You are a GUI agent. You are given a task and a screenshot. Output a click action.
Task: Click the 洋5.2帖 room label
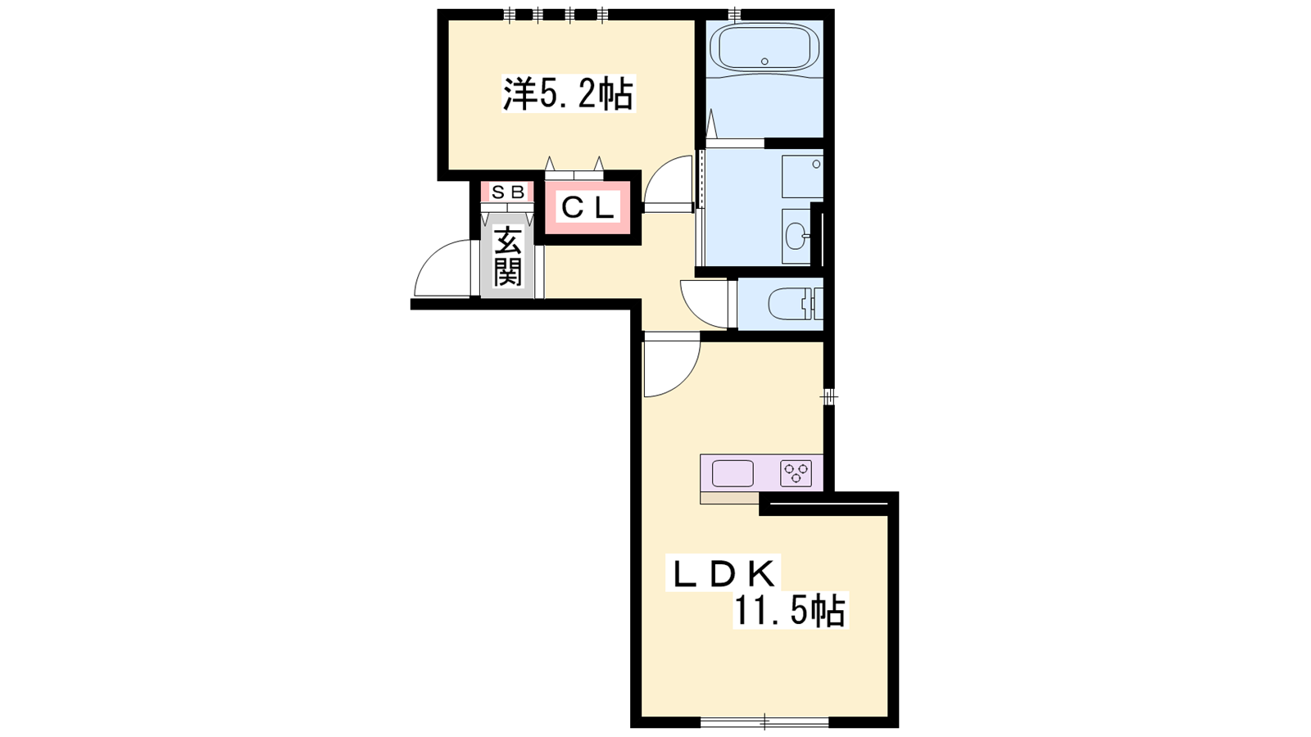569,94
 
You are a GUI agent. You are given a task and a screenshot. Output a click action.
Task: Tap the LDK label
724,575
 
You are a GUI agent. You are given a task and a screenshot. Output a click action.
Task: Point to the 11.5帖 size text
790,612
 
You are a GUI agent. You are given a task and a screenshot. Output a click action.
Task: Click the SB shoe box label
507,192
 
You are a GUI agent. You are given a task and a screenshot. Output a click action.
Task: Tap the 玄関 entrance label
507,257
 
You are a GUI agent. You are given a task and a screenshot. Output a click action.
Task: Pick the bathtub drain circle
764,61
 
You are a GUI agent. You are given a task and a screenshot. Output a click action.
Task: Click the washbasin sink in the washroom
796,237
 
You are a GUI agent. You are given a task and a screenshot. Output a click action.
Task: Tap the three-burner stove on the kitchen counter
796,473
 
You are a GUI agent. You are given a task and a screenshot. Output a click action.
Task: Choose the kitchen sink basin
733,473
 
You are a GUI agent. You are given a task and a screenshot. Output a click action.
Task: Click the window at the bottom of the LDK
764,722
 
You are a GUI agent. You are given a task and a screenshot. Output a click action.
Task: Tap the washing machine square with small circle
802,177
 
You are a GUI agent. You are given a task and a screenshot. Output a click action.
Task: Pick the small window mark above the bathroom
735,14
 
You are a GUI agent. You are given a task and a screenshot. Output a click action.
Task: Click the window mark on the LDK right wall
828,398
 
